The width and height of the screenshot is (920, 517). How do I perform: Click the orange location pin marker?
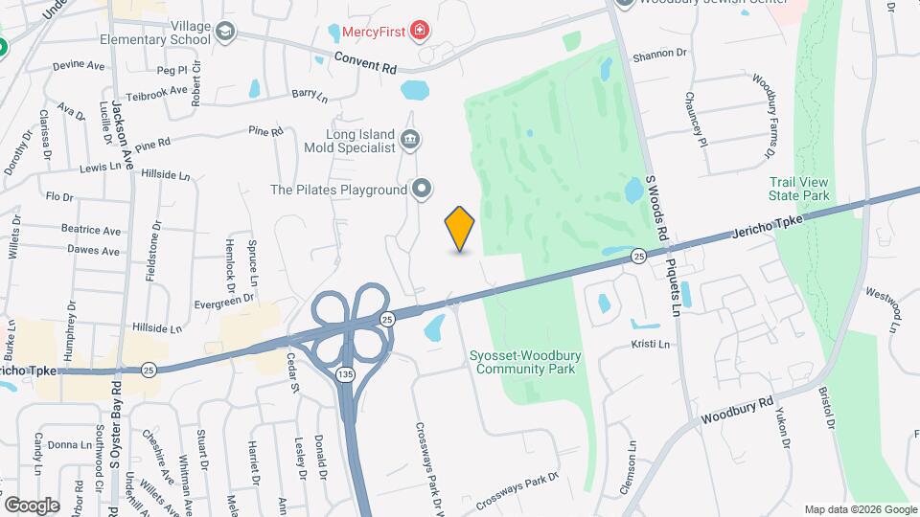pos(460,229)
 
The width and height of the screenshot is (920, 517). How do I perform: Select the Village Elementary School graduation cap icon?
pos(225,33)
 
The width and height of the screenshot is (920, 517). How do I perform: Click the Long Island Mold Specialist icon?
pos(410,141)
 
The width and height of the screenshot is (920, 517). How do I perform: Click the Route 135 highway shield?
pos(345,373)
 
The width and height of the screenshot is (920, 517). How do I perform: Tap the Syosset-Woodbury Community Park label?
pos(523,362)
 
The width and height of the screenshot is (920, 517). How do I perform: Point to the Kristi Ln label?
pos(651,344)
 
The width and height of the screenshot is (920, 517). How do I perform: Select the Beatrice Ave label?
pos(91,231)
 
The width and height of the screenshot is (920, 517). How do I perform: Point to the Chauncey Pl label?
pos(695,119)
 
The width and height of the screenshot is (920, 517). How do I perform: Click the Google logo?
pos(32,505)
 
